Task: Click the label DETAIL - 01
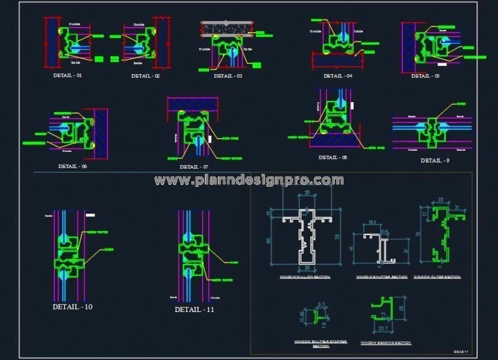[68, 75]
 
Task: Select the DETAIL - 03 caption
[228, 76]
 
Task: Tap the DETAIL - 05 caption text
[426, 76]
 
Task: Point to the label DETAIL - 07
[194, 167]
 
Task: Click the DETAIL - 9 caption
[435, 161]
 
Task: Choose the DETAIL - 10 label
[73, 307]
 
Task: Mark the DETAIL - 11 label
[195, 310]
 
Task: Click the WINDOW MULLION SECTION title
[305, 277]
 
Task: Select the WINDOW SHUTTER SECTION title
[382, 277]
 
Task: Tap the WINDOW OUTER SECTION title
[437, 277]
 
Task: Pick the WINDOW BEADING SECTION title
[386, 343]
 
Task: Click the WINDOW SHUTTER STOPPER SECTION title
[321, 344]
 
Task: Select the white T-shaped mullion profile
[304, 237]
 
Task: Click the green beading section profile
[385, 307]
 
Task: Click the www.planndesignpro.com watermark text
[249, 181]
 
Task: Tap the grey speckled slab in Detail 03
[227, 27]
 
